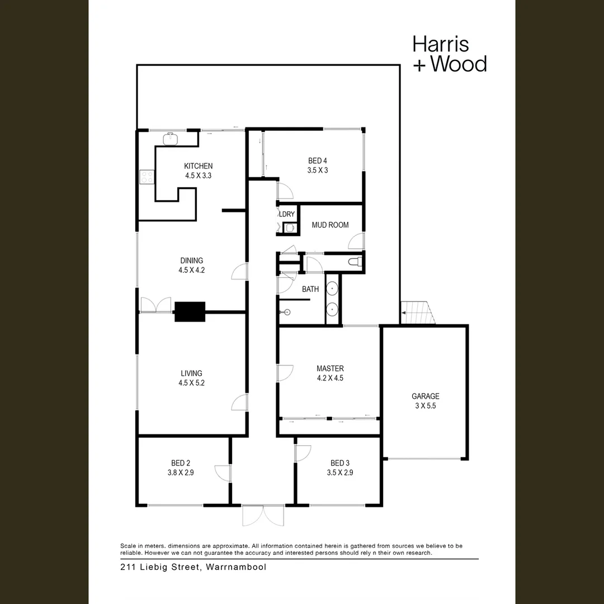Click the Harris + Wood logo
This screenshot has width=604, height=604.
449,54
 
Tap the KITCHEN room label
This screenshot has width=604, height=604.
198,166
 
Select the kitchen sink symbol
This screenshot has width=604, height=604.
170,138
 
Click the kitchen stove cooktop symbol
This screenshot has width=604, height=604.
147,177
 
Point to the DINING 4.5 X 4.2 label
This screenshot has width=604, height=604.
191,265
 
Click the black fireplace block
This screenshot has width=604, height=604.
190,312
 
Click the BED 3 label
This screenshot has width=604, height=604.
340,463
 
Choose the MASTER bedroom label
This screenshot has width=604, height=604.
330,369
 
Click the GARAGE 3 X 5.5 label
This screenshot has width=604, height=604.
426,401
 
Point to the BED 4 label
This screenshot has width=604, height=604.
318,161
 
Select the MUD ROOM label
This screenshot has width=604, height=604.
330,225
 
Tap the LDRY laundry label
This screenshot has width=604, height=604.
287,214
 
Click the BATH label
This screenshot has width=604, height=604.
310,289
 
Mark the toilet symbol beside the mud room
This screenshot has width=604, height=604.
355,262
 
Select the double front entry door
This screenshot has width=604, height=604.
263,515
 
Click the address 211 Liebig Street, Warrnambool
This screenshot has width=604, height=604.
194,567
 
